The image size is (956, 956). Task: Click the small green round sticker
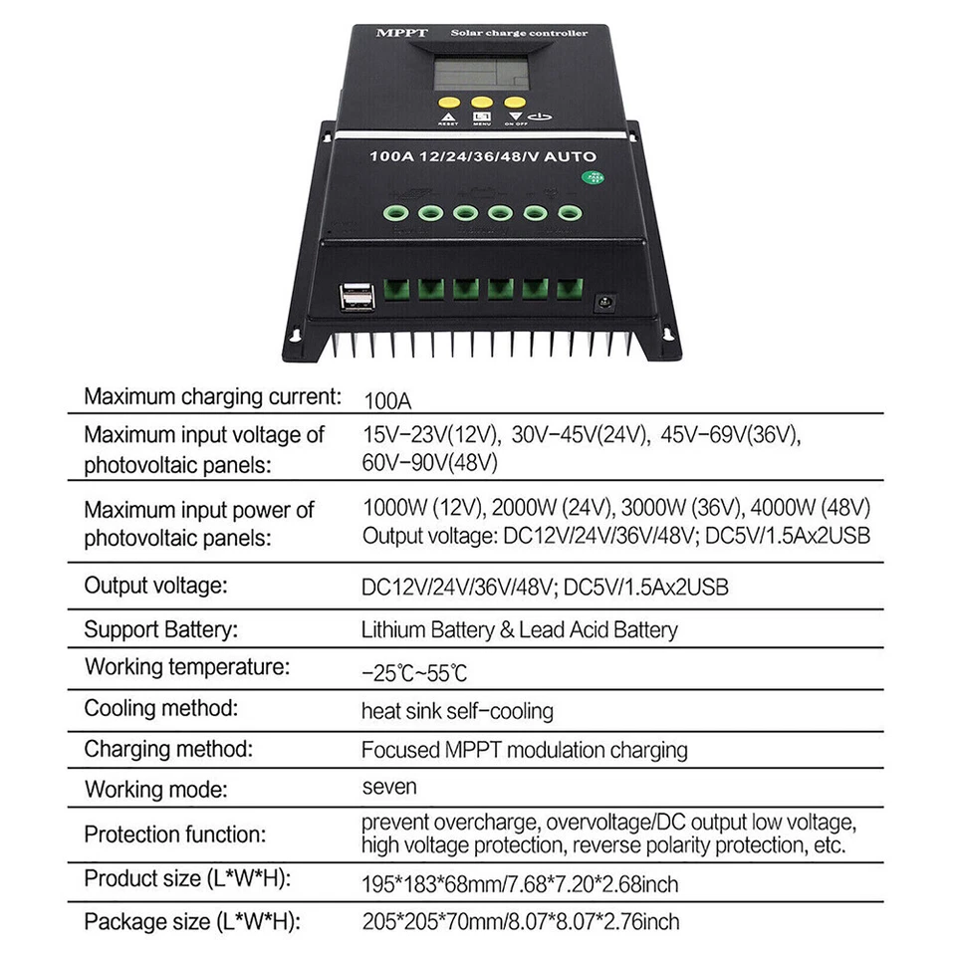pos(595,178)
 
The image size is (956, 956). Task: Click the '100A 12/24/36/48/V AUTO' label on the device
pos(483,156)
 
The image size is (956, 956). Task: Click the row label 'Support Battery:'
pos(160,629)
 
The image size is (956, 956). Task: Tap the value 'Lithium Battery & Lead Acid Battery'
pos(519,629)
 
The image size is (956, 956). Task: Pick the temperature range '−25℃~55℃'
pos(414,672)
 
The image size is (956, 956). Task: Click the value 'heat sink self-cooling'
pos(457,711)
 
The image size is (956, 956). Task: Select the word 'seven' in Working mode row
pos(389,787)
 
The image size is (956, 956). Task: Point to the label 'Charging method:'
pos(168,749)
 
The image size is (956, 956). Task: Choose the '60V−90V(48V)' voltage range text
pos(430,462)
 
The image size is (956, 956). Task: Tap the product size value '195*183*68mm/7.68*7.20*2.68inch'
pos(520,883)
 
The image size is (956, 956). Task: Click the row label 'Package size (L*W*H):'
pos(192,920)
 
